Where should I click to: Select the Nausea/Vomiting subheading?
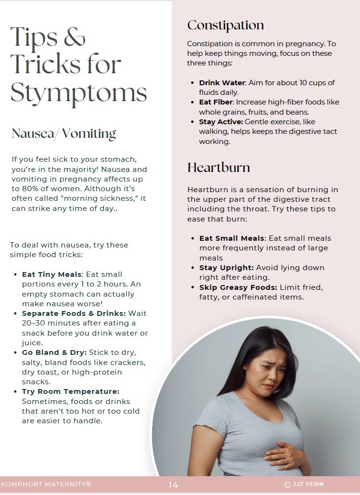64,133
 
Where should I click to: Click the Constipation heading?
225,25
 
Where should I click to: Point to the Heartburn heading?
219,168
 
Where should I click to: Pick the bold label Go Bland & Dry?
54,352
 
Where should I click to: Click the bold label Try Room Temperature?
71,391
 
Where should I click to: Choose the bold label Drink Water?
222,83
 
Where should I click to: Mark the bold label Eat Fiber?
215,102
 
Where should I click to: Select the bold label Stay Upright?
227,267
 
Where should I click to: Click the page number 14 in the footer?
173,485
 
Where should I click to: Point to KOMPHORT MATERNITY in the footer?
46,484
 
